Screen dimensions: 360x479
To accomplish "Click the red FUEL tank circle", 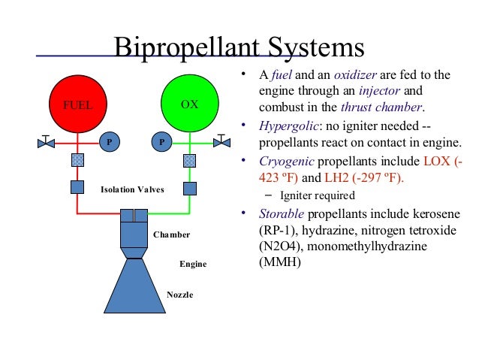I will pyautogui.click(x=77, y=104).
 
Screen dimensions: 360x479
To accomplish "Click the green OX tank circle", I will pyautogui.click(x=190, y=104).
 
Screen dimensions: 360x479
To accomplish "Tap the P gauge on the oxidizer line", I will pyautogui.click(x=161, y=141).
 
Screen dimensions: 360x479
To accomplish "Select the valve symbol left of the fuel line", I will pyautogui.click(x=46, y=141).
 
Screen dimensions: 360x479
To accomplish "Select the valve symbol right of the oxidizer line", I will pyautogui.click(x=221, y=141).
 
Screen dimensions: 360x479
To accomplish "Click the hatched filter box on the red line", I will pyautogui.click(x=77, y=160).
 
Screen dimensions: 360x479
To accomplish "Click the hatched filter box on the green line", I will pyautogui.click(x=190, y=160).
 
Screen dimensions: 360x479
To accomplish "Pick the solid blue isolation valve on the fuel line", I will pyautogui.click(x=77, y=188).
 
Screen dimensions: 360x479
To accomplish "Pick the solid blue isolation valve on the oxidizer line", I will pyautogui.click(x=190, y=188).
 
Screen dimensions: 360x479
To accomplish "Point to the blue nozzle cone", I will pyautogui.click(x=135, y=286).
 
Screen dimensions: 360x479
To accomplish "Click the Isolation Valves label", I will pyautogui.click(x=132, y=189).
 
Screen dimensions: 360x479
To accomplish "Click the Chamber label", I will pyautogui.click(x=172, y=234).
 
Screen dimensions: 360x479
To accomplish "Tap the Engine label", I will pyautogui.click(x=193, y=265).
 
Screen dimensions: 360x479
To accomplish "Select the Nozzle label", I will pyautogui.click(x=179, y=295).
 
